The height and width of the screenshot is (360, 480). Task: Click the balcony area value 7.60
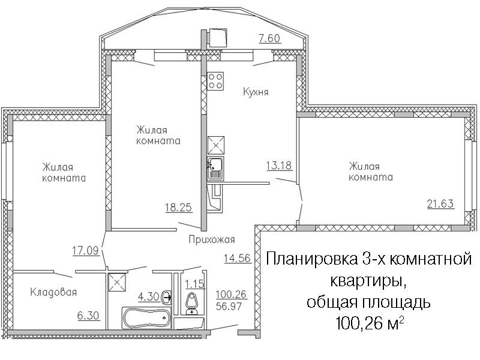pyautogui.click(x=269, y=38)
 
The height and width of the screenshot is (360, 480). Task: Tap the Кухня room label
pyautogui.click(x=256, y=92)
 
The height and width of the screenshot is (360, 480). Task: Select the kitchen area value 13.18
pyautogui.click(x=279, y=166)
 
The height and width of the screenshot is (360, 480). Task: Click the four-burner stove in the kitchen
pyautogui.click(x=215, y=81)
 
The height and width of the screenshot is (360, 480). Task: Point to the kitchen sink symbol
pyautogui.click(x=215, y=168)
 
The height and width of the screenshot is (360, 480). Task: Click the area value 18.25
pyautogui.click(x=178, y=208)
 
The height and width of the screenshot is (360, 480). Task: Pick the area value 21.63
pyautogui.click(x=440, y=203)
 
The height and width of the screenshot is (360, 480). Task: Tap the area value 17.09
pyautogui.click(x=85, y=251)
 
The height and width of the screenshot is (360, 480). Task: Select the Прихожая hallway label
pyautogui.click(x=212, y=239)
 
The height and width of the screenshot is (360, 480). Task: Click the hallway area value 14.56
pyautogui.click(x=238, y=258)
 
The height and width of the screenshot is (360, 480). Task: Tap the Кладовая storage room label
pyautogui.click(x=53, y=292)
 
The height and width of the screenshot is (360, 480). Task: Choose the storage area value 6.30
pyautogui.click(x=88, y=316)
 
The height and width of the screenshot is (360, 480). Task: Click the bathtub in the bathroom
pyautogui.click(x=146, y=319)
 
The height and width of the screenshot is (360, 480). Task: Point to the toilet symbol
pyautogui.click(x=192, y=304)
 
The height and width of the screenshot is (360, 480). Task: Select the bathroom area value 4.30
pyautogui.click(x=148, y=296)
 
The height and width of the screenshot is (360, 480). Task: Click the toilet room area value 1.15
pyautogui.click(x=194, y=284)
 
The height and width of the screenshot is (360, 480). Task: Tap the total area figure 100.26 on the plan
pyautogui.click(x=231, y=294)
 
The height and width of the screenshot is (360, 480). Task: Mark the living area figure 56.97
pyautogui.click(x=229, y=306)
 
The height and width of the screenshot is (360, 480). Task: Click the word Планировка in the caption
pyautogui.click(x=311, y=260)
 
